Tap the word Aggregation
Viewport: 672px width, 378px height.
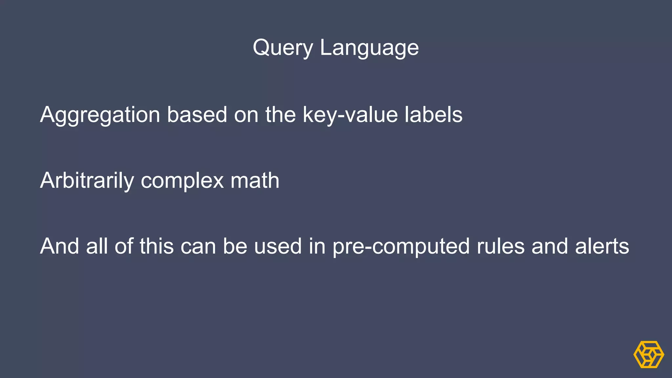pos(100,115)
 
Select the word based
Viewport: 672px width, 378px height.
pos(197,115)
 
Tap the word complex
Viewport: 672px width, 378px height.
pos(182,181)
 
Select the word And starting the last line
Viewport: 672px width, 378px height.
pos(59,246)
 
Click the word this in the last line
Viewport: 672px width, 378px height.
pos(157,246)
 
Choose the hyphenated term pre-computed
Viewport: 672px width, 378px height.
pos(401,247)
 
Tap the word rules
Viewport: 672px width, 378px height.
pos(500,246)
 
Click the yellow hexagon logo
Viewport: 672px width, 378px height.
pos(648,354)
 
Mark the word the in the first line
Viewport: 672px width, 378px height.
pos(281,115)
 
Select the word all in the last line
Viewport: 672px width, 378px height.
pos(97,246)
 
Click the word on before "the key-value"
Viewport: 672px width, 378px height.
pos(246,115)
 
